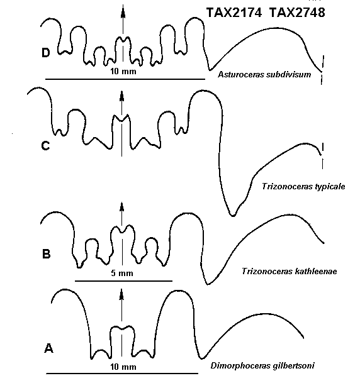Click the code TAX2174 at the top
click(234, 13)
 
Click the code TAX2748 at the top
click(297, 13)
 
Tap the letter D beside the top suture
click(45, 53)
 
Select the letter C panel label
click(45, 146)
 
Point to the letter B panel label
click(47, 254)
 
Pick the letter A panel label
click(48, 348)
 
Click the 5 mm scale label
click(122, 273)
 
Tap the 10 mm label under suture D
click(123, 71)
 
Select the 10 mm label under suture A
click(123, 367)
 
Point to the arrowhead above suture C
click(121, 96)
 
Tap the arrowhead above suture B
click(121, 207)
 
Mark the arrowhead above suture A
click(121, 294)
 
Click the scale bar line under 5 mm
click(123, 281)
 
